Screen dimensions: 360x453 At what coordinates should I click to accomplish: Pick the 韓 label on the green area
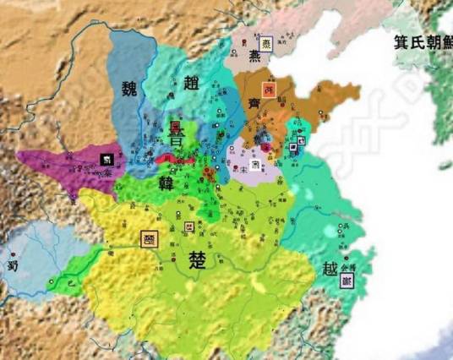click(x=166, y=183)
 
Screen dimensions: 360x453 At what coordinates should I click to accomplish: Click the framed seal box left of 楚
click(x=150, y=238)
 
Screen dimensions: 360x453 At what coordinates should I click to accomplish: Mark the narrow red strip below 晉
click(x=173, y=158)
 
